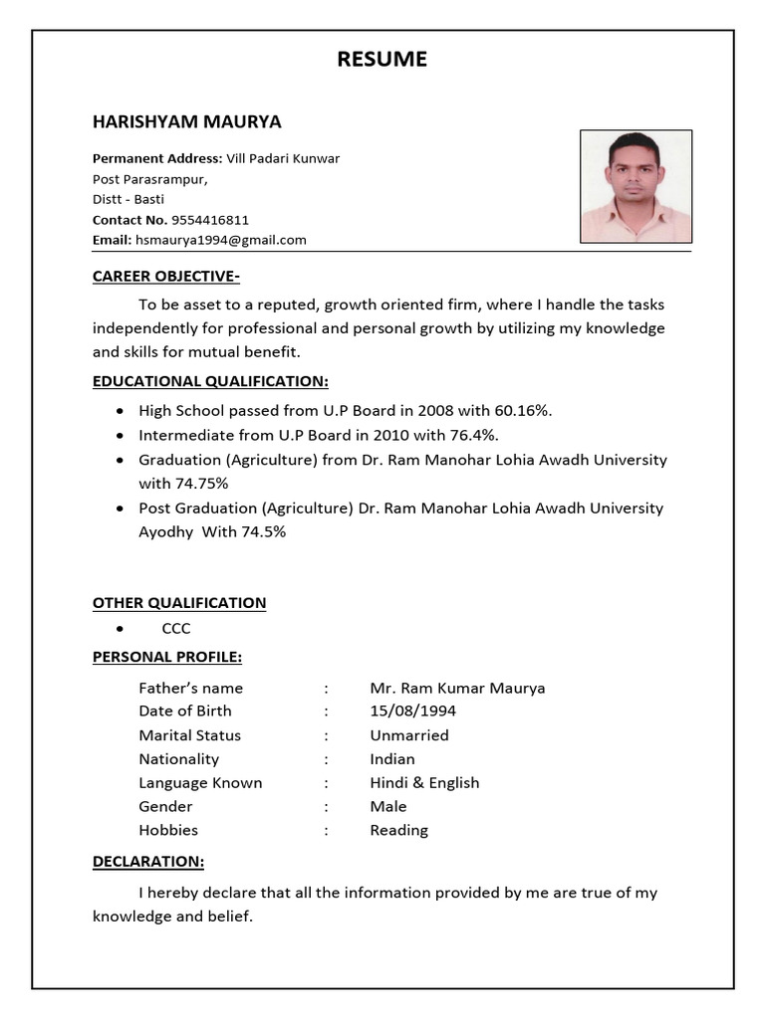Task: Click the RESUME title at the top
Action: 382,60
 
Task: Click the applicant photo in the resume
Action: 636,186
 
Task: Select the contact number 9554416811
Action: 210,220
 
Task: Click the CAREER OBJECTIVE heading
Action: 166,277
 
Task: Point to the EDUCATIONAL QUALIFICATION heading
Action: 210,382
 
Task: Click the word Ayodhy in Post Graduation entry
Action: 165,531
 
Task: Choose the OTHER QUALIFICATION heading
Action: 179,603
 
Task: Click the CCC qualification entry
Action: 176,629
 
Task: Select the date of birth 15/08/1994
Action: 413,712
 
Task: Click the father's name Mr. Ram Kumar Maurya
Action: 457,688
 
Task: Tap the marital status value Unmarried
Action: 409,735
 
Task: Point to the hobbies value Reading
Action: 398,830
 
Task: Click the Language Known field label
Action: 200,783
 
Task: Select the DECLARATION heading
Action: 148,862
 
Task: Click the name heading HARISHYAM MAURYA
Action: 187,122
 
